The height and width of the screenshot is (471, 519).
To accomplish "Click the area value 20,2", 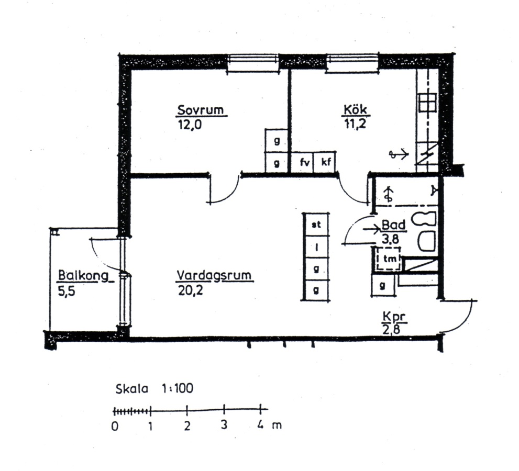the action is (190, 291).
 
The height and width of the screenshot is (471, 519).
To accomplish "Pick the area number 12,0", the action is (190, 126).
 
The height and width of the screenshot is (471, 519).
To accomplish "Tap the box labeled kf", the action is (325, 162).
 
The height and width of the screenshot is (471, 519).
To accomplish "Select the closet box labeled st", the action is (316, 225).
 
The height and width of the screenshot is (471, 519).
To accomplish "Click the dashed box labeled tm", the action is (389, 259).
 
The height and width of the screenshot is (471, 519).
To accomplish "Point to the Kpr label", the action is (394, 317).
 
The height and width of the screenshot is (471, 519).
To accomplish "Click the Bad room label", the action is (393, 225).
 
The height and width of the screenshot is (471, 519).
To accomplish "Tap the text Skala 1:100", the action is (154, 389).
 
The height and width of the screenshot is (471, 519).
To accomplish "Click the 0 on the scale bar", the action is (115, 427).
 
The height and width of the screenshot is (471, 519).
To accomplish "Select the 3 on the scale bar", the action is (224, 425).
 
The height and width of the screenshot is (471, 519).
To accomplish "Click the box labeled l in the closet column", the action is (316, 246).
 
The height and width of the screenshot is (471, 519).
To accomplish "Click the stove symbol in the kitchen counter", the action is (427, 103).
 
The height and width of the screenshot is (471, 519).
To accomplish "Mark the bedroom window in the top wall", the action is (253, 62).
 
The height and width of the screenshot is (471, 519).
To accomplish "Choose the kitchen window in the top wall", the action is (352, 62).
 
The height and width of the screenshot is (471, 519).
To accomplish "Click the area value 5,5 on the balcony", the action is (67, 291).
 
